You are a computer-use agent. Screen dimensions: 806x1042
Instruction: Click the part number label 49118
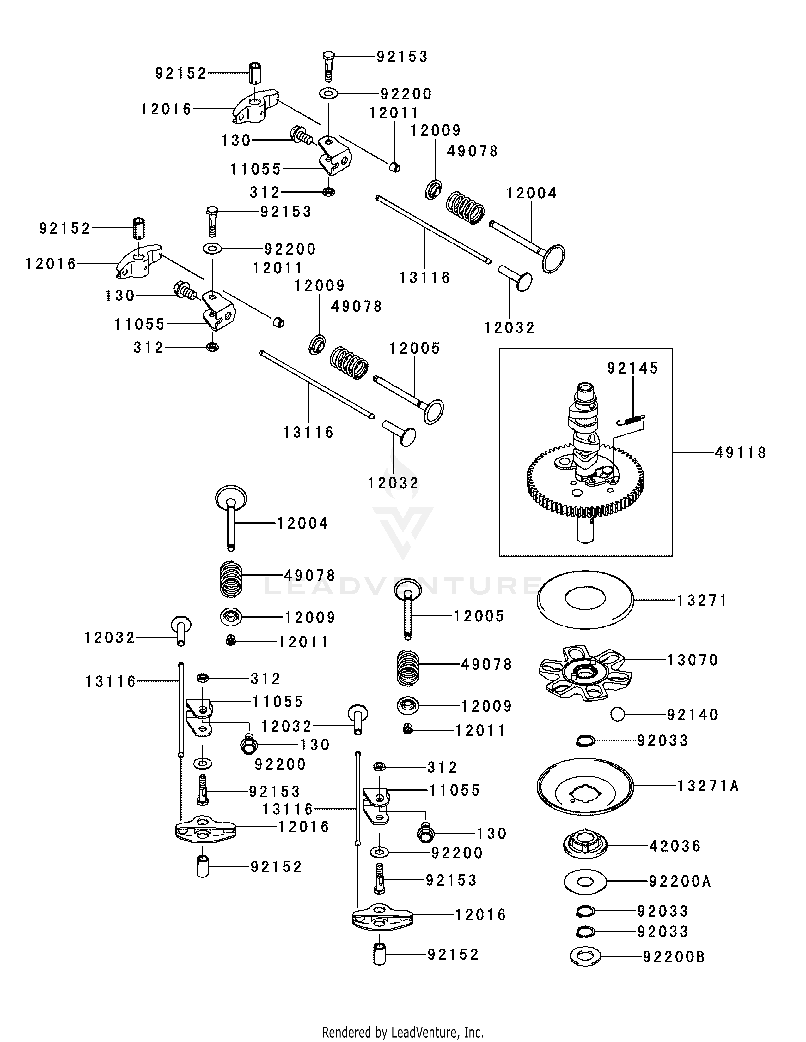[740, 453]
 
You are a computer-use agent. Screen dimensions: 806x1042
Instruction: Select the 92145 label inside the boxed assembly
[633, 368]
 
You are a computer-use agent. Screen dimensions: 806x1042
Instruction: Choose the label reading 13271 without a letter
[701, 601]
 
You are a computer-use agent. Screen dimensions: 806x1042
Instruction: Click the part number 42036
[675, 846]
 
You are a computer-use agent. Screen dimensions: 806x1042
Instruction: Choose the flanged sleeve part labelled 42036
[585, 845]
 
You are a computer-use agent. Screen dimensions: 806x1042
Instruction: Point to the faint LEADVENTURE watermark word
[402, 586]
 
